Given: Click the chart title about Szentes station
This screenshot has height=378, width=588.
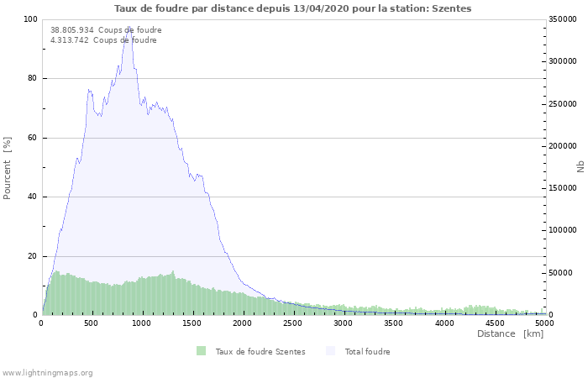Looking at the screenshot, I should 293,8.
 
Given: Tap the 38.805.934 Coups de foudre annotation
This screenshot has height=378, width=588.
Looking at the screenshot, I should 106,30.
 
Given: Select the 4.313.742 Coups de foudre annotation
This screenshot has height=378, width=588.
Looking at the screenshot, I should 103,40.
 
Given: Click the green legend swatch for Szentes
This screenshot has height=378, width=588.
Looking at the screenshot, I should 201,351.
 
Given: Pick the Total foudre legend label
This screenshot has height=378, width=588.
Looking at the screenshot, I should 367,351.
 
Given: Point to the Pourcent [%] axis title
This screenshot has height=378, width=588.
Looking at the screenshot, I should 8,167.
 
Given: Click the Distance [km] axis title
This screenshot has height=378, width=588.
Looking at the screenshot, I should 510,333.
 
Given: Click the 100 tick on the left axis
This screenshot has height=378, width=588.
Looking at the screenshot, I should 30,19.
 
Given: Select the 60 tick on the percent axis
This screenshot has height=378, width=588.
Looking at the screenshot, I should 33,138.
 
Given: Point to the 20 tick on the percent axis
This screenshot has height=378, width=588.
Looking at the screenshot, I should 33,256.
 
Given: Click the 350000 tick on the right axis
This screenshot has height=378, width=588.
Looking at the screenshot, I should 562,19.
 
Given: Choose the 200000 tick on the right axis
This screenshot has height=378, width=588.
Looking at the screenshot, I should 562,146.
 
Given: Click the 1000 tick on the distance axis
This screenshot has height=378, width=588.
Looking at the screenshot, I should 141,323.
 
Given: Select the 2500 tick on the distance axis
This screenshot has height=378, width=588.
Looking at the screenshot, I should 293,323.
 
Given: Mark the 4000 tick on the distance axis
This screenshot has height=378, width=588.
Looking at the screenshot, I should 444,323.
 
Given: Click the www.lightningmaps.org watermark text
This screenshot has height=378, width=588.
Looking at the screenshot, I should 48,372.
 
